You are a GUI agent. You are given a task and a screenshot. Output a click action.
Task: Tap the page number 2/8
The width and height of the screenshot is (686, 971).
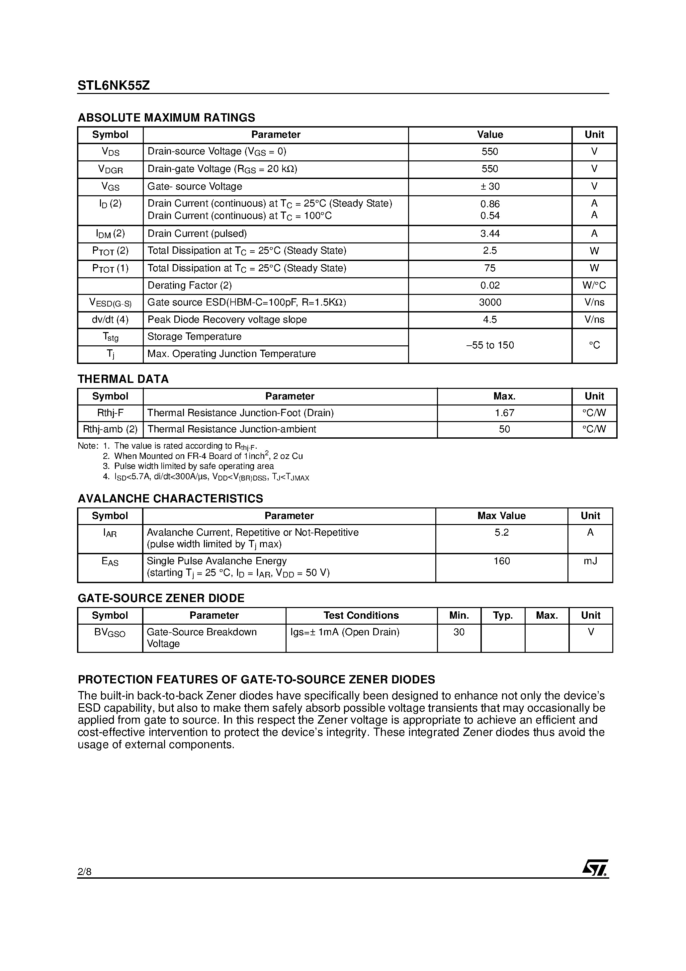coord(85,871)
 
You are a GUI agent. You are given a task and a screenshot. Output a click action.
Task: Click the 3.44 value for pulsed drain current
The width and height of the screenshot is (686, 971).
coord(490,233)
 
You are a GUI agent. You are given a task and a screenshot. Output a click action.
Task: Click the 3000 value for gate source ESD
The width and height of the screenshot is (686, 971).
coord(490,303)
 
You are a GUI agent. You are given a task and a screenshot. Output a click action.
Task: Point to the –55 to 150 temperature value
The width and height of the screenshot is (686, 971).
coord(490,345)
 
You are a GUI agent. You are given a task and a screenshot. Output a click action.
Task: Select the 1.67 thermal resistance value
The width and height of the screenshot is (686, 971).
coord(504,413)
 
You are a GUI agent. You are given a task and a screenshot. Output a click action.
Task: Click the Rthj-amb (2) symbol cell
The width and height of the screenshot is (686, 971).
coord(110,429)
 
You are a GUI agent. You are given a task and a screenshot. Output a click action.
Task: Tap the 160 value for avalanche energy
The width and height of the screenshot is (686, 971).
coord(502,561)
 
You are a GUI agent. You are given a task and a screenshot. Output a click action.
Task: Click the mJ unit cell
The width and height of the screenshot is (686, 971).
coord(590,561)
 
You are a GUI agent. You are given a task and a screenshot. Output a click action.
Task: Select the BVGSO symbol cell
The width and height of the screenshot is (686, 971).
coord(110,633)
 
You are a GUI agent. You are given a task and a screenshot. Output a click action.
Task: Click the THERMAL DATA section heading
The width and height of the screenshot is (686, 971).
coord(123,379)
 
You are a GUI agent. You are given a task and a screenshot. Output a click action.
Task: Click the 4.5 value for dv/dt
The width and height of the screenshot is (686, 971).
coord(490,320)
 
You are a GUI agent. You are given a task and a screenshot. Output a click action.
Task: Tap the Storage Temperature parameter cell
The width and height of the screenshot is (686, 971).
coord(194,337)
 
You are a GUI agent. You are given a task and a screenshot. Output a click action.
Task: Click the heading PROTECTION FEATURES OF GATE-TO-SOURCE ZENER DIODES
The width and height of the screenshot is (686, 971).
coord(256,680)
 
